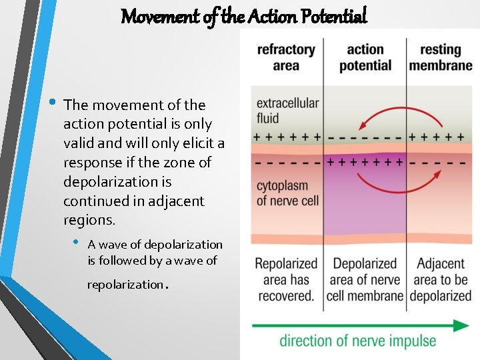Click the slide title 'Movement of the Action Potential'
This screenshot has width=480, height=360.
[x=243, y=15]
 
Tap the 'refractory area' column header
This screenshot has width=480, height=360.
[x=286, y=57]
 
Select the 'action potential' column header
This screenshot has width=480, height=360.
[x=365, y=57]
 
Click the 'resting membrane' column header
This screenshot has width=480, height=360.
[x=441, y=57]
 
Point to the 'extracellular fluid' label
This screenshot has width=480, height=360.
[x=287, y=111]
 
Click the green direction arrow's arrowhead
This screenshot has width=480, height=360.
[x=461, y=325]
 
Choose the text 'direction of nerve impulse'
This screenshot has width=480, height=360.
[x=357, y=341]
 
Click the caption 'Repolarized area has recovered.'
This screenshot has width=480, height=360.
[x=285, y=279]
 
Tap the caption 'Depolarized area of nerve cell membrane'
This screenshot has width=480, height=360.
[x=365, y=279]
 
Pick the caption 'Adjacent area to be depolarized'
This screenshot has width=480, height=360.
[x=441, y=279]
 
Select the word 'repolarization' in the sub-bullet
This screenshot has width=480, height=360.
[x=124, y=285]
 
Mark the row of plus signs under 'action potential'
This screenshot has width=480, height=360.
[x=365, y=162]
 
